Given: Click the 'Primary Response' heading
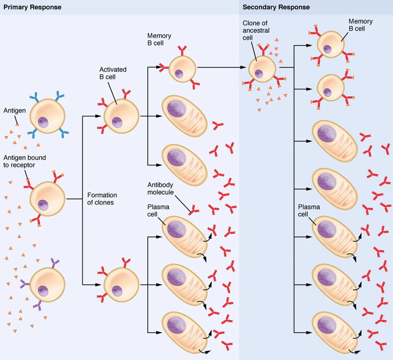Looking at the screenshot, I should tap(32, 7).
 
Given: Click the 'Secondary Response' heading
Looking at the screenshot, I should tap(276, 7).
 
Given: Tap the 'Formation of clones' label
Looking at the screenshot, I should tap(102, 199).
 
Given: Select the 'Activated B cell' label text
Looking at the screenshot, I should tap(113, 73).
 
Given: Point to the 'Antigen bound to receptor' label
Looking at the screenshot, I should tap(25, 161).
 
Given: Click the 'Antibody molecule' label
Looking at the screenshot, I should tap(160, 188).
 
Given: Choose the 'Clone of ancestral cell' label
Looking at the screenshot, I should tap(256, 30).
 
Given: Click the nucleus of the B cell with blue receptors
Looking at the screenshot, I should tap(43, 122).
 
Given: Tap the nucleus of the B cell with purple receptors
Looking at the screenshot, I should tap(43, 291).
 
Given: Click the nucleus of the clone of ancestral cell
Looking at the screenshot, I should tap(259, 74).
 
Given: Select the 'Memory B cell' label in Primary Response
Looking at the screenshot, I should tap(159, 39).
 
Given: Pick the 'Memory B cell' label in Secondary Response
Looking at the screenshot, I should tap(360, 25).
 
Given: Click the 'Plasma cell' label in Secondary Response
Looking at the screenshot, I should tap(309, 210).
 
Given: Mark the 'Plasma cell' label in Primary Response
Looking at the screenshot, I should tap(158, 210).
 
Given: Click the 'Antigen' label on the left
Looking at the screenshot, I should tap(14, 110).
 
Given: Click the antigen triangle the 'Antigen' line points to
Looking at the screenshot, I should tap(17, 125).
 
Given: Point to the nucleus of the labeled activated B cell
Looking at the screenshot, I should tap(117, 122).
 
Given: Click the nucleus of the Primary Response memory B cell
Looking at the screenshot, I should tap(179, 74).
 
